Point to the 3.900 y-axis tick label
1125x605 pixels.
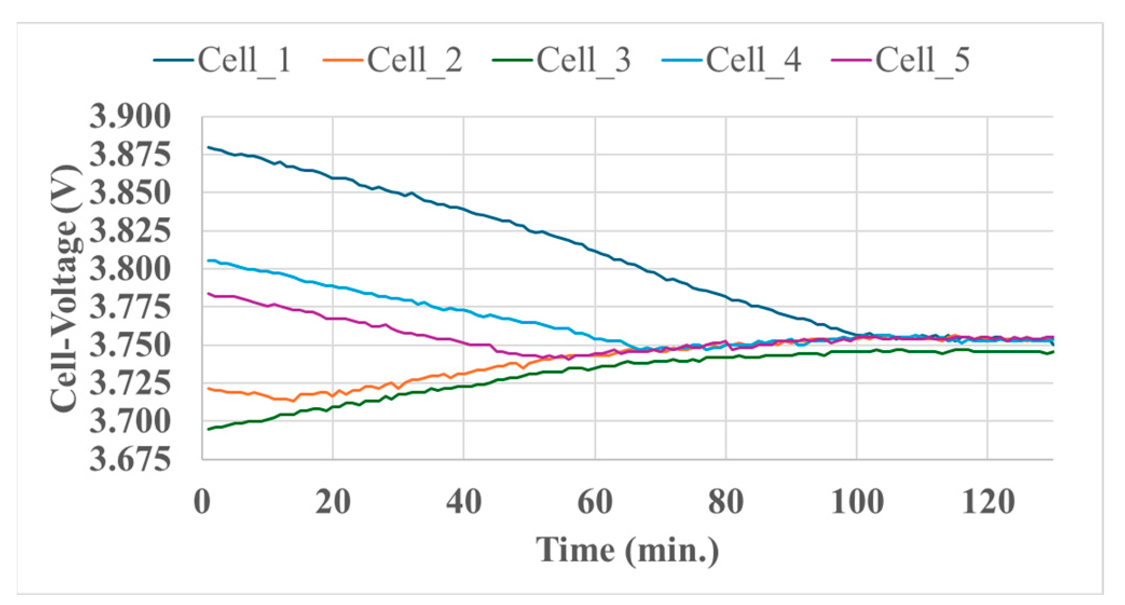click(x=130, y=116)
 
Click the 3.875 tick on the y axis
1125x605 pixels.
click(x=130, y=155)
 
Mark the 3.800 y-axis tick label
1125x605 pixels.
click(x=130, y=269)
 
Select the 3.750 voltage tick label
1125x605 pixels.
click(x=130, y=346)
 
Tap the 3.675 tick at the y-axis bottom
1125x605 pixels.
click(x=130, y=460)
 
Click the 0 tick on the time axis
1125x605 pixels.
click(x=202, y=502)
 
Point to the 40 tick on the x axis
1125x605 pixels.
click(x=464, y=502)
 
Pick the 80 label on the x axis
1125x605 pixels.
click(x=726, y=502)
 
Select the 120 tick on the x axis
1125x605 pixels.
click(x=988, y=502)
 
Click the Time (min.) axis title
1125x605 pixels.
click(x=628, y=551)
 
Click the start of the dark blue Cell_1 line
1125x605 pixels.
click(x=209, y=147)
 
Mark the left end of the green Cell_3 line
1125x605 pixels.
click(x=209, y=429)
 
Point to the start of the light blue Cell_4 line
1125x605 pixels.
click(x=209, y=260)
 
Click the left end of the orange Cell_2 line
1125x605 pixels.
click(x=209, y=388)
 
